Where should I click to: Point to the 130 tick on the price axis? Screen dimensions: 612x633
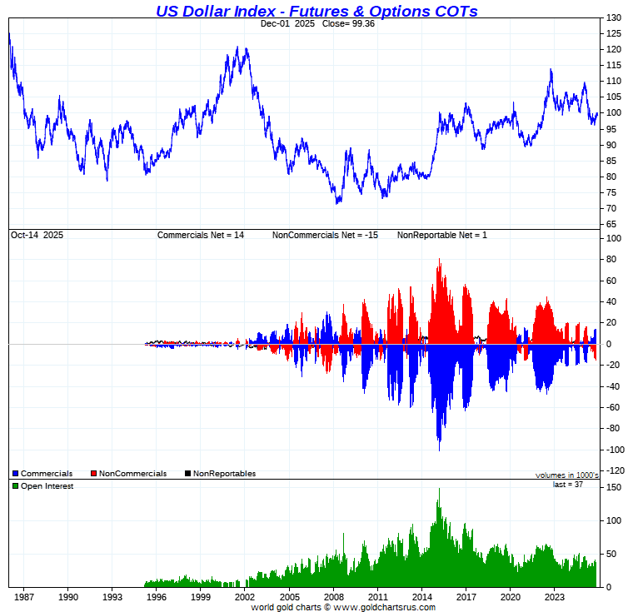click(x=613, y=17)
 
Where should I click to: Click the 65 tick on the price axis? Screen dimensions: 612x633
click(x=611, y=225)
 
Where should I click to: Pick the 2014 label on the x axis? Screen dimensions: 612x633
click(x=421, y=596)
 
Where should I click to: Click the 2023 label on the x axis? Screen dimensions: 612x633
click(x=555, y=596)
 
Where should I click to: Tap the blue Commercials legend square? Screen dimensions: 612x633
click(x=16, y=474)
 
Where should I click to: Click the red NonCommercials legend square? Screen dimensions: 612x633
click(x=94, y=474)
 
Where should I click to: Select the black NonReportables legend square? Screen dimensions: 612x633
click(x=188, y=474)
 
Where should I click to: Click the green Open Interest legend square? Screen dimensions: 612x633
click(x=16, y=486)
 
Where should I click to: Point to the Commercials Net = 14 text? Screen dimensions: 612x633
click(x=201, y=236)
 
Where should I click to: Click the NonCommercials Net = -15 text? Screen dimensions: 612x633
click(x=325, y=236)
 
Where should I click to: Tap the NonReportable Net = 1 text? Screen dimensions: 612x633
click(x=441, y=236)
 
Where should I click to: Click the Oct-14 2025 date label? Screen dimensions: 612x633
click(x=37, y=236)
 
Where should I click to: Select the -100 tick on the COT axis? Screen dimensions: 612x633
click(x=615, y=450)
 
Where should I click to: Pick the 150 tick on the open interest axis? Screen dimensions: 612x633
click(x=613, y=487)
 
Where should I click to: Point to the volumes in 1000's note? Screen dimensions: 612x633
click(x=566, y=475)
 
